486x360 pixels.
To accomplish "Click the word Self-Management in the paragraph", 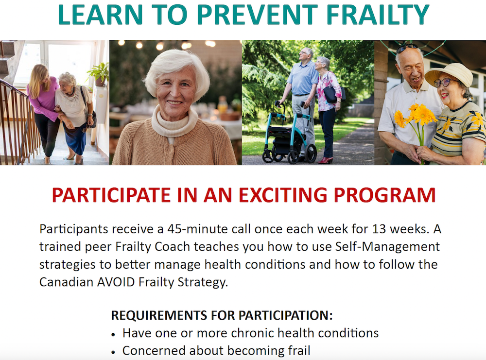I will [387, 247].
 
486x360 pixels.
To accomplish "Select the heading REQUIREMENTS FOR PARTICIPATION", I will [222, 315].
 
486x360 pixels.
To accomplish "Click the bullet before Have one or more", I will [114, 334].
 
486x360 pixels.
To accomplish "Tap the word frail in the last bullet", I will [296, 350].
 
